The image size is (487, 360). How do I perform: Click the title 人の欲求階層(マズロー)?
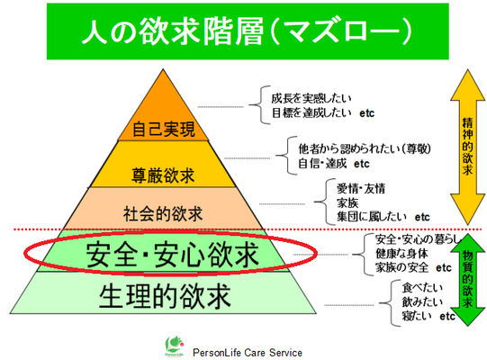pyautogui.click(x=248, y=31)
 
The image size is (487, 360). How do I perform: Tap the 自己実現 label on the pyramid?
pyautogui.click(x=164, y=130)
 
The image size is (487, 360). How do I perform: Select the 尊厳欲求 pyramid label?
pyautogui.click(x=163, y=175)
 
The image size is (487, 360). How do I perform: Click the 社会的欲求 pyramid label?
pyautogui.click(x=163, y=213)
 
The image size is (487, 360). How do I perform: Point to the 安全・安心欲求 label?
pyautogui.click(x=172, y=255)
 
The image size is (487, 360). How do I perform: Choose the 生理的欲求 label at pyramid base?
pyautogui.click(x=165, y=296)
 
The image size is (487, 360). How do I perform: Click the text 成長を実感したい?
pyautogui.click(x=311, y=98)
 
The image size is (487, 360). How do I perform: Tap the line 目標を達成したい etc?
pyautogui.click(x=323, y=112)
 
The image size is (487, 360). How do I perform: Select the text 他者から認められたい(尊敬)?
pyautogui.click(x=365, y=148)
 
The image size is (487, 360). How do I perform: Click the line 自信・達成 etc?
pyautogui.click(x=334, y=164)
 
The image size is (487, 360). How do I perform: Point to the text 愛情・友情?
pyautogui.click(x=361, y=188)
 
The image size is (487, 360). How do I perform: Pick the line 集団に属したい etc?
pyautogui.click(x=383, y=217)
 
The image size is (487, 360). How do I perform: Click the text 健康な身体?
pyautogui.click(x=401, y=254)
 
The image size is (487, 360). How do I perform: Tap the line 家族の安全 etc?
pyautogui.click(x=413, y=267)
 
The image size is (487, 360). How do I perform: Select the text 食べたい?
pyautogui.click(x=422, y=288)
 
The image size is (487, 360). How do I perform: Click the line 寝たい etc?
pyautogui.click(x=428, y=316)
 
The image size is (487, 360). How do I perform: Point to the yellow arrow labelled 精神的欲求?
pyautogui.click(x=467, y=147)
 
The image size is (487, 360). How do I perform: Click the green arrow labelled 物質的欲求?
pyautogui.click(x=467, y=280)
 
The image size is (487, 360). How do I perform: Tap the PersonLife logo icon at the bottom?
pyautogui.click(x=175, y=346)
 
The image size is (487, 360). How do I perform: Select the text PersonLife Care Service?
pyautogui.click(x=248, y=353)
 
